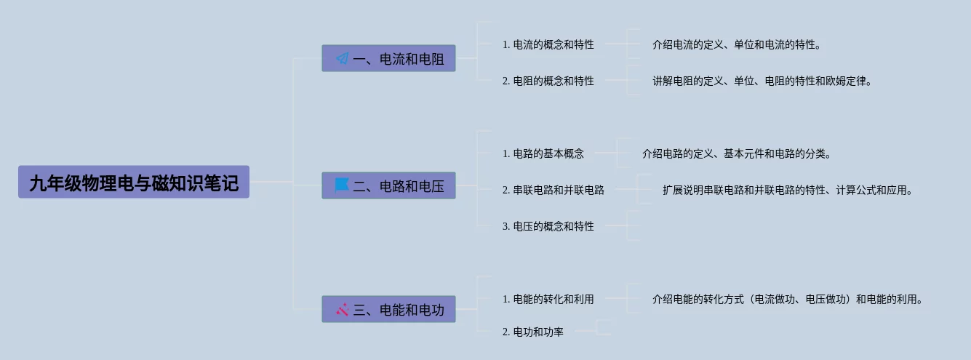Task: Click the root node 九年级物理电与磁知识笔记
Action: click(134, 182)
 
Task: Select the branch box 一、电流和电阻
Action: click(388, 58)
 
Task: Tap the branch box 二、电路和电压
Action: click(388, 185)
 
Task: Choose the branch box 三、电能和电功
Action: click(388, 309)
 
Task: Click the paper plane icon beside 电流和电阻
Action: click(343, 58)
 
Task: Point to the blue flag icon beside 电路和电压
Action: click(342, 185)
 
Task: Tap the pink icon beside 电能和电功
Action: click(343, 309)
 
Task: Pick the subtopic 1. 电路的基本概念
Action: click(543, 153)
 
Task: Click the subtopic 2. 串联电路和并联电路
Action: click(553, 190)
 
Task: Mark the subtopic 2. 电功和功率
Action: click(532, 332)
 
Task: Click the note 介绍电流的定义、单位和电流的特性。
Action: click(737, 44)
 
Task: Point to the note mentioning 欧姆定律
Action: click(762, 81)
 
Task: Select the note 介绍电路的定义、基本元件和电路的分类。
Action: click(736, 153)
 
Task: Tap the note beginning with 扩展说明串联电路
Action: click(787, 190)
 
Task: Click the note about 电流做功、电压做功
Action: click(788, 299)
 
